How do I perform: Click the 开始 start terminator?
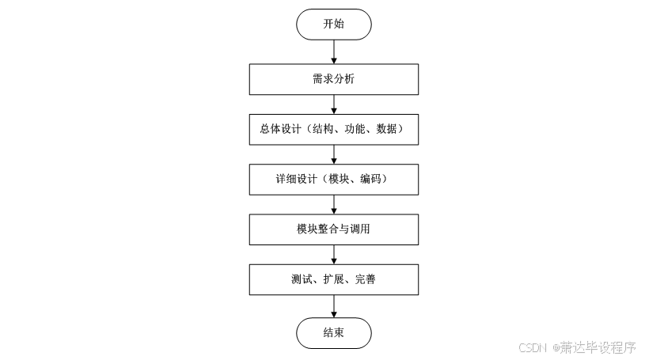tap(333, 25)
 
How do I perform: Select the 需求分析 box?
tap(333, 80)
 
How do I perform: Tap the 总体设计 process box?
tap(333, 130)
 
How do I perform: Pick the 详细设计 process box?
tap(333, 180)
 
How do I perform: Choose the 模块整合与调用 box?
tap(333, 229)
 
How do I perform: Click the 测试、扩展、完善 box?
tap(333, 279)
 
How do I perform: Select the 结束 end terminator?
tap(333, 333)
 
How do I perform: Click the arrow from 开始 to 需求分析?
tap(333, 52)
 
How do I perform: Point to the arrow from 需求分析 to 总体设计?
tap(333, 104)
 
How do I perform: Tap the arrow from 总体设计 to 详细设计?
tap(333, 154)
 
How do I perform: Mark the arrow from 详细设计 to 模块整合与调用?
tap(333, 204)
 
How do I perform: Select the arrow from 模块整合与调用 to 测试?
tap(333, 254)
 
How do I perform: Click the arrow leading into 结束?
tap(333, 306)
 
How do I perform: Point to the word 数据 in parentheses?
tap(393, 130)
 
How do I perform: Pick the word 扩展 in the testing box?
tap(333, 279)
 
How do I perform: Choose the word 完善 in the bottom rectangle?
tap(365, 279)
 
